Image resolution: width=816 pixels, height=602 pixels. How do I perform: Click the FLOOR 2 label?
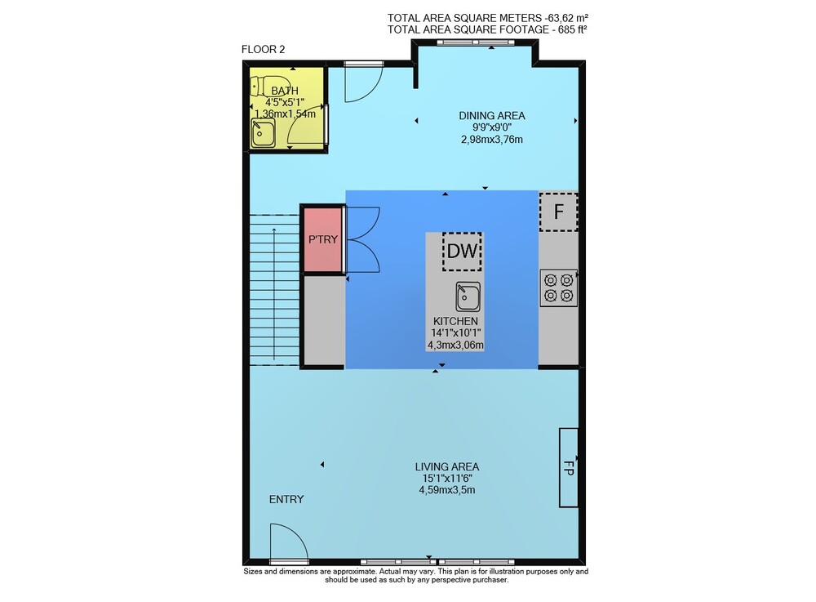(263, 50)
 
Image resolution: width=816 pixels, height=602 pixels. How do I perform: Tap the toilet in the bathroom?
(262, 86)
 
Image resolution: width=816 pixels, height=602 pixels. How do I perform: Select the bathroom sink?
(264, 133)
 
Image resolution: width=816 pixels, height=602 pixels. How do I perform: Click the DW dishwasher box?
(462, 252)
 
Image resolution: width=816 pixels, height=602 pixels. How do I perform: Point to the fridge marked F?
(558, 212)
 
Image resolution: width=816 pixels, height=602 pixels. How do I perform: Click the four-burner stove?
(558, 288)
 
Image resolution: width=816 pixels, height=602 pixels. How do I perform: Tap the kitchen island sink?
(468, 297)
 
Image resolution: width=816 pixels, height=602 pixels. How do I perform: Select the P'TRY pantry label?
(323, 239)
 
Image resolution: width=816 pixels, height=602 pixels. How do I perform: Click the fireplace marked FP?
(568, 468)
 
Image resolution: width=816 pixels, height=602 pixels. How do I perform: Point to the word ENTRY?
(286, 499)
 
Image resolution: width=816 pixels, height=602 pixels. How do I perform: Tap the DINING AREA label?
(492, 116)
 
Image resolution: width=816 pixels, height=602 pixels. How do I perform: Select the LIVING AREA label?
(447, 466)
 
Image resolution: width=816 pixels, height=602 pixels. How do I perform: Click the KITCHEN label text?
(455, 321)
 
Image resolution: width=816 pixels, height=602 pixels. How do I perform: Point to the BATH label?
(285, 91)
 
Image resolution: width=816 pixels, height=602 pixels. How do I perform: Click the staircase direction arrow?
(273, 294)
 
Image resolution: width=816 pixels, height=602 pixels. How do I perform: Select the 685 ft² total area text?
(573, 29)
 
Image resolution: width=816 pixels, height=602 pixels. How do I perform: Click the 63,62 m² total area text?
(570, 18)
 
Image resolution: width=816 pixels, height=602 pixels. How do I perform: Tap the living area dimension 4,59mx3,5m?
(447, 490)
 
